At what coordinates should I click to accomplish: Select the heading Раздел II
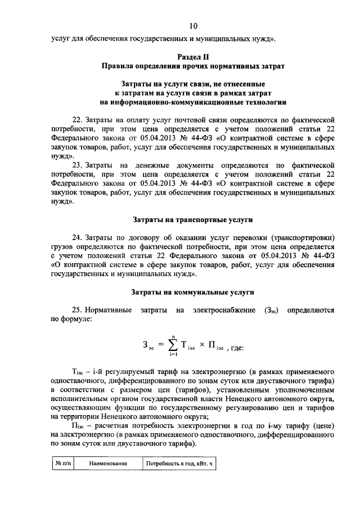193,57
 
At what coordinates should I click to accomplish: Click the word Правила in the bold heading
118,66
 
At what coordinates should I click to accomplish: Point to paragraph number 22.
78,120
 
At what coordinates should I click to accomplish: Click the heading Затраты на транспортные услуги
193,219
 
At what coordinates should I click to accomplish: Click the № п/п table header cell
62,463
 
